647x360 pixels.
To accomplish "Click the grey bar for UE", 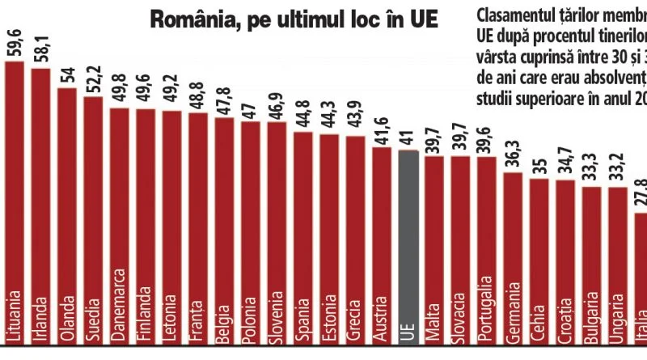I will pyautogui.click(x=408, y=243).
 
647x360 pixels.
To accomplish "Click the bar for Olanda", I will pyautogui.click(x=67, y=210).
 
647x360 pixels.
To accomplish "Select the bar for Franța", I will pyautogui.click(x=198, y=227).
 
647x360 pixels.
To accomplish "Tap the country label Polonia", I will pyautogui.click(x=252, y=315).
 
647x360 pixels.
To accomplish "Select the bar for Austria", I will pyautogui.click(x=383, y=243).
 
